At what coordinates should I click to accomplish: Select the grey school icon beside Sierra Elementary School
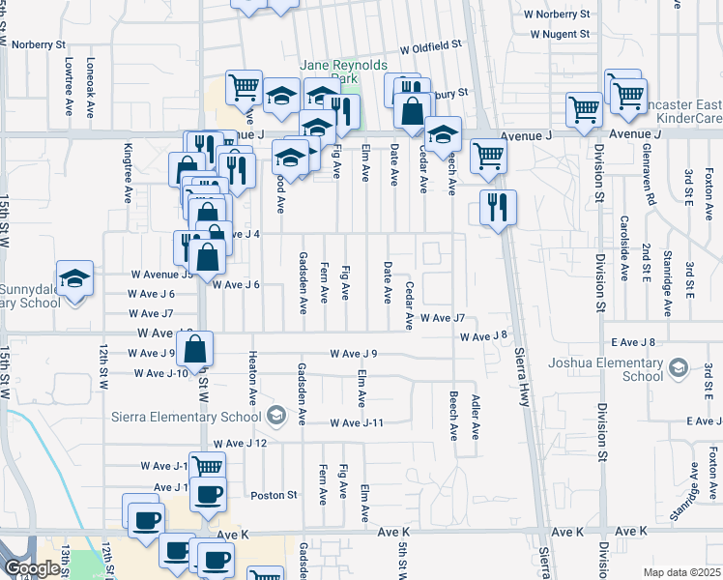pos(276,417)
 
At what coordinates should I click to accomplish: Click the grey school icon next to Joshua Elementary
pos(679,368)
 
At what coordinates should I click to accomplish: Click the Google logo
pos(33,568)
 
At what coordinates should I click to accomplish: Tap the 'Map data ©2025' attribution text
pos(681,572)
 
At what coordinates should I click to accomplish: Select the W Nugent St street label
pos(560,34)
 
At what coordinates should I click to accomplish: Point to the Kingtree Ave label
pos(128,173)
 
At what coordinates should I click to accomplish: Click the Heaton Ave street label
pos(252,377)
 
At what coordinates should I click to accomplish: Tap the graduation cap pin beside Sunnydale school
pos(74,278)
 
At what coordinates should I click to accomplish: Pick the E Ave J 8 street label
pos(633,342)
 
